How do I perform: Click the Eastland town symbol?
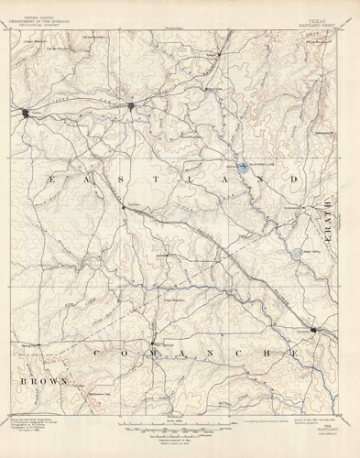[x=134, y=107]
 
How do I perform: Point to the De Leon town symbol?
[x=314, y=330]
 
